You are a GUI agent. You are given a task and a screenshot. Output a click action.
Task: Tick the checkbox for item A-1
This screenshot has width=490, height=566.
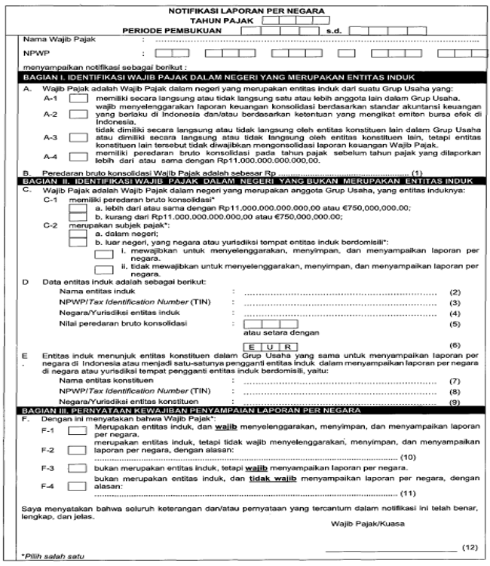(x=77, y=99)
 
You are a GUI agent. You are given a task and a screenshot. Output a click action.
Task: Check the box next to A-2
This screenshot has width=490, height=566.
(x=77, y=116)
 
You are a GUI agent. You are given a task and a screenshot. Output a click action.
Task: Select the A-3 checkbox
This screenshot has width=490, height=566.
(x=77, y=139)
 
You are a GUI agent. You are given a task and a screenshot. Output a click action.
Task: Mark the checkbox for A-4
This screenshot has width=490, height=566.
(x=77, y=156)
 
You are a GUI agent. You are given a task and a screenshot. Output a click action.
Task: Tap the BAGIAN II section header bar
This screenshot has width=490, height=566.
(x=245, y=182)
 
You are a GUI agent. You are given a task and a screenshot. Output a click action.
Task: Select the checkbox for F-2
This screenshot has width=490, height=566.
(x=77, y=451)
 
